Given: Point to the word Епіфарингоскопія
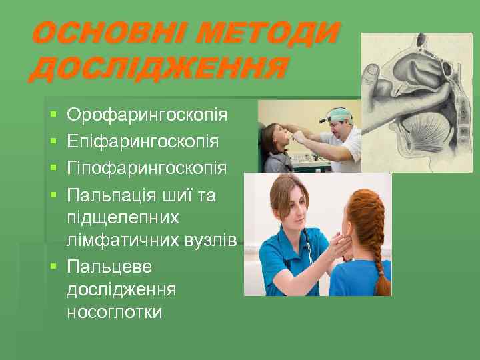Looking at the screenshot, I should pos(147,141).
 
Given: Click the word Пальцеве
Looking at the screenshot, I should pos(109,267).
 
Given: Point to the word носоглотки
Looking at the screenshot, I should pos(115,311).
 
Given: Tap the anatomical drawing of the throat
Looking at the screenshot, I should pos(413,100).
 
